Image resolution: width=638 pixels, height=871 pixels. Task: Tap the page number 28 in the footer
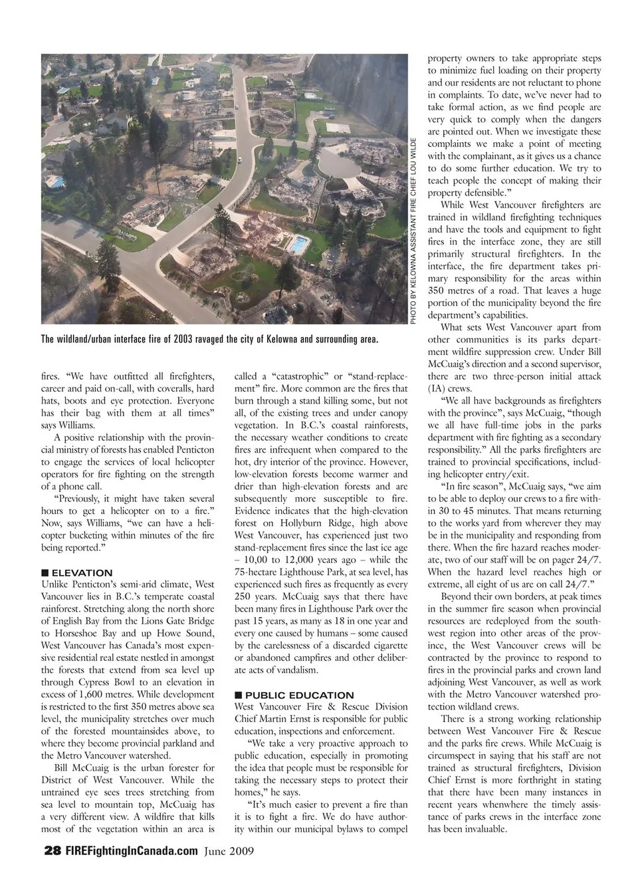coord(52,851)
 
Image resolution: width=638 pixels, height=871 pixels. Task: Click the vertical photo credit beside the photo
coord(413,230)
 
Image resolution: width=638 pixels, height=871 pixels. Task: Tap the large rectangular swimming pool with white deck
coord(299,244)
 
